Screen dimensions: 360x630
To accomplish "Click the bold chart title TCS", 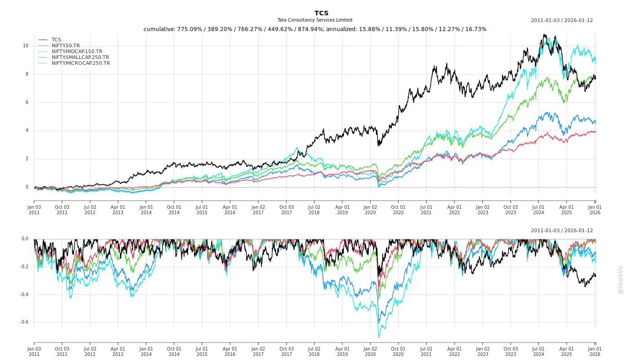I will click(x=321, y=13).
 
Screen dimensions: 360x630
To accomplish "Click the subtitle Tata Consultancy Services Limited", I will click(x=315, y=20).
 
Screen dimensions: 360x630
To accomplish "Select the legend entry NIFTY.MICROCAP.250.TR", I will click(x=81, y=63).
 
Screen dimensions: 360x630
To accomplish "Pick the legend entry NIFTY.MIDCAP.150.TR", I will click(x=76, y=52).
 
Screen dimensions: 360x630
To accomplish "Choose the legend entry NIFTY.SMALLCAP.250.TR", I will click(x=80, y=58).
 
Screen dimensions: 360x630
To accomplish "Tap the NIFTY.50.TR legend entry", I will click(x=66, y=46).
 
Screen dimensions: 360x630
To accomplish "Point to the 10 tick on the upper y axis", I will click(x=26, y=46).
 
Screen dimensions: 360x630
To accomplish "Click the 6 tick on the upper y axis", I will click(x=27, y=103).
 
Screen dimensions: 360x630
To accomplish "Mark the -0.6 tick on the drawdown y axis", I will click(x=24, y=322).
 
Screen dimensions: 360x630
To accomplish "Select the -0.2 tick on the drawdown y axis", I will click(x=24, y=267).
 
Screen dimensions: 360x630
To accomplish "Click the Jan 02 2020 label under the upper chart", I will click(x=370, y=210).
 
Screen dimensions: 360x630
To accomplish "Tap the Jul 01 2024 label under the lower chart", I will click(x=539, y=351).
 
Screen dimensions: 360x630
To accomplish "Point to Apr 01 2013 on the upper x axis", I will click(x=118, y=210).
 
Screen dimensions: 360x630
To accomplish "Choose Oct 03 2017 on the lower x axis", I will click(x=286, y=351).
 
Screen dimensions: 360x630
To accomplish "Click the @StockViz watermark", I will click(x=621, y=279).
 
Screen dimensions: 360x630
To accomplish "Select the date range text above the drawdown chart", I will click(x=562, y=231).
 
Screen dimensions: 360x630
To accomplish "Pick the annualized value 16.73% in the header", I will click(x=475, y=29).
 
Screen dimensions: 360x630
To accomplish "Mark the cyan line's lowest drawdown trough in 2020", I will click(x=379, y=337).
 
